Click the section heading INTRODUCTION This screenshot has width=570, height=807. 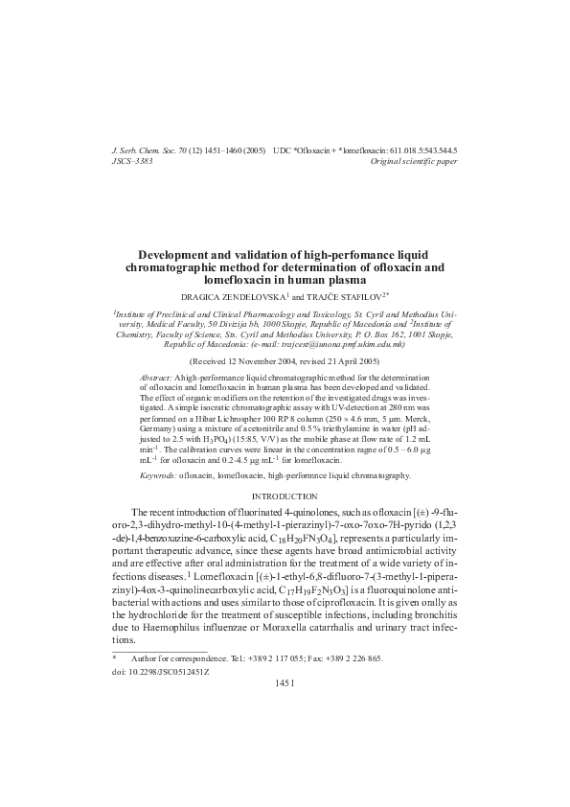285,496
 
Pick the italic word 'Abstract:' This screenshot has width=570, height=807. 156,379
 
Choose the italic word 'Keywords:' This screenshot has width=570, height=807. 158,474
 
